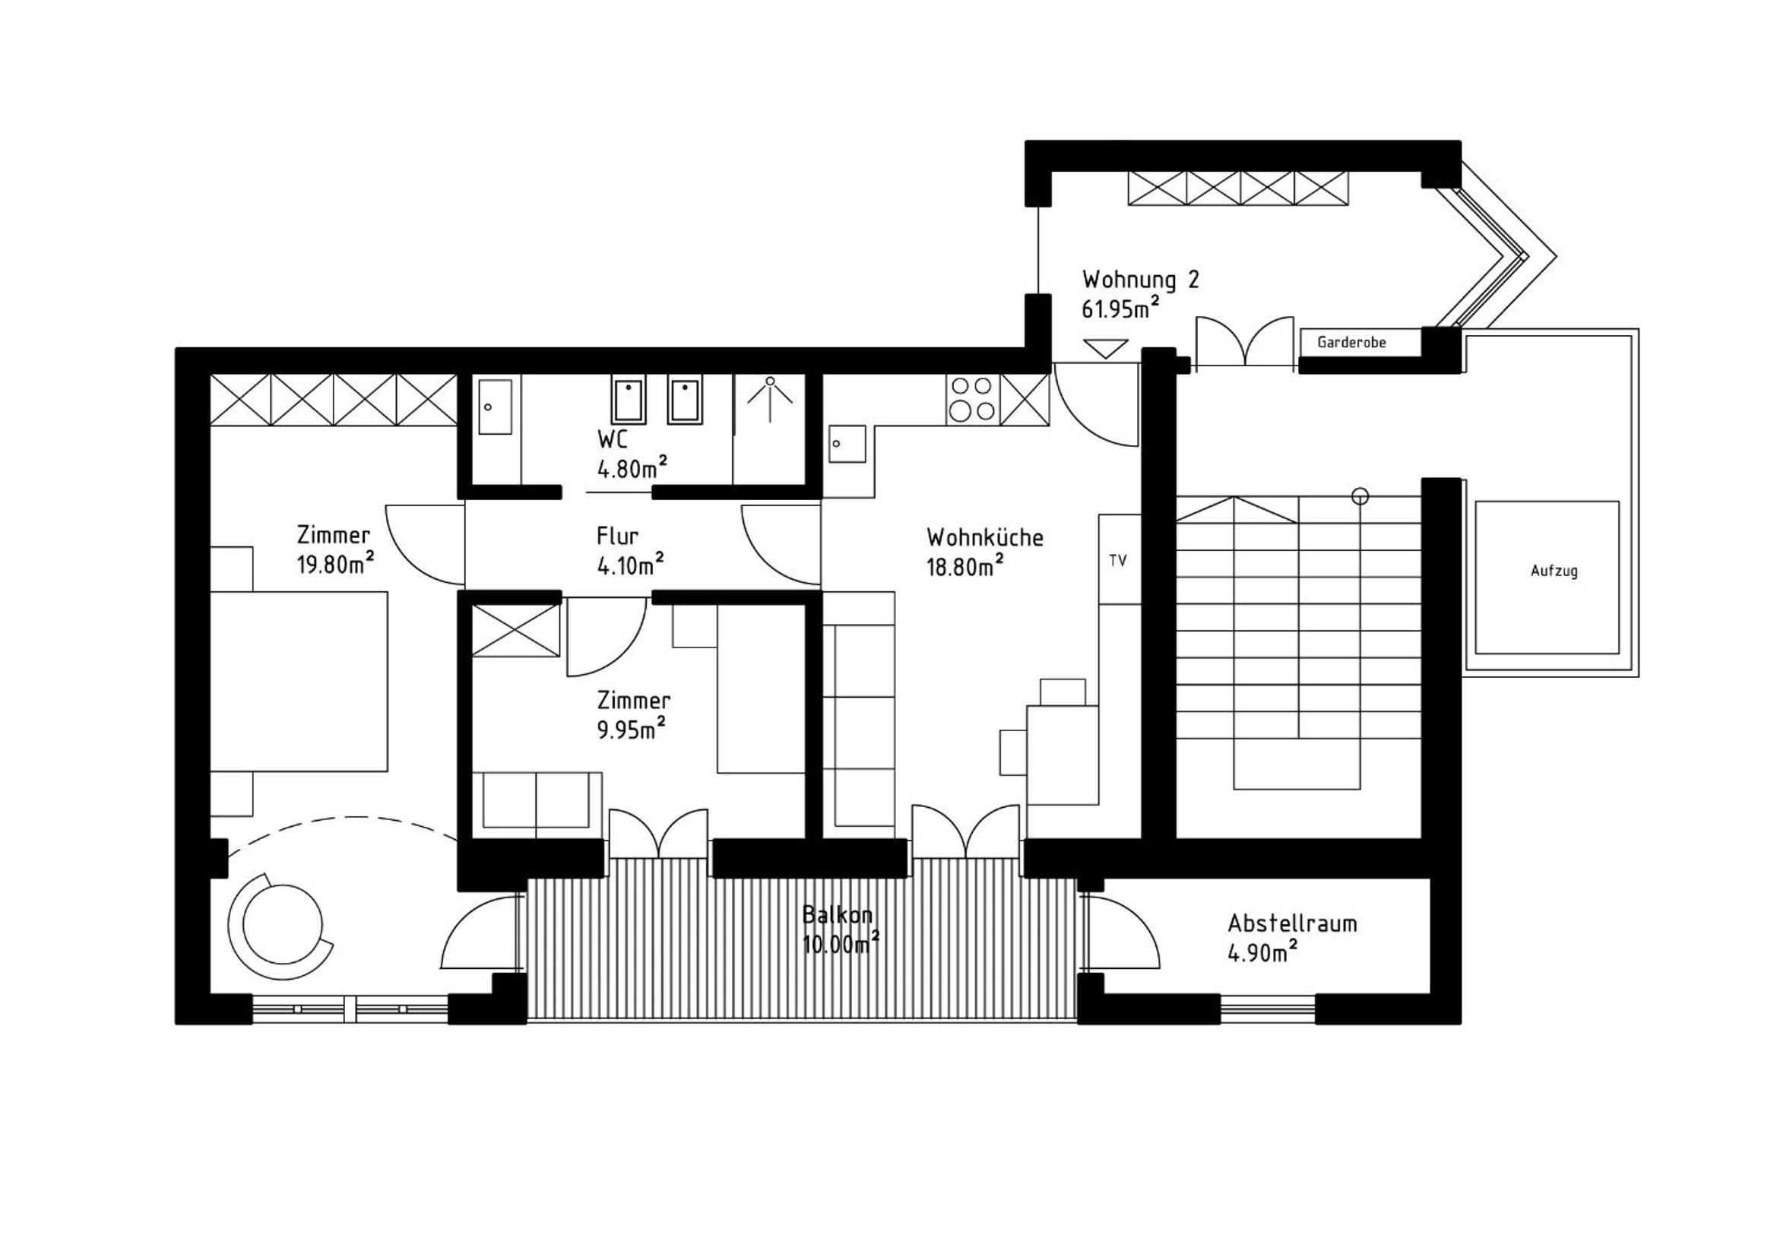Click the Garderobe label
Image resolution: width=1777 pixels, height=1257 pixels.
tap(1351, 342)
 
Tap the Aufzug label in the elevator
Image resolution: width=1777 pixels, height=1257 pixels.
tap(1554, 572)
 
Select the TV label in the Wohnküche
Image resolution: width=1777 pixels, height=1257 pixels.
tap(1117, 560)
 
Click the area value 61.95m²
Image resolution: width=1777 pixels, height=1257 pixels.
tap(1119, 308)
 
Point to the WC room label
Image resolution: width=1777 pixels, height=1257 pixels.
tap(612, 439)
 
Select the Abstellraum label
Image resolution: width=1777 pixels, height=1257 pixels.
tap(1292, 923)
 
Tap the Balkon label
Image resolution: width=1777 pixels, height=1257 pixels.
tap(838, 915)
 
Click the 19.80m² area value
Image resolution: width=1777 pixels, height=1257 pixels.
tap(335, 563)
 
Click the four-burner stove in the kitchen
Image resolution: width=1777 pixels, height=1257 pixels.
tap(973, 400)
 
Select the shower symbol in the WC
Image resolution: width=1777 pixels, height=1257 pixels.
tap(769, 400)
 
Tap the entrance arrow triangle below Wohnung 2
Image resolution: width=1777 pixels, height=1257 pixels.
tap(1105, 348)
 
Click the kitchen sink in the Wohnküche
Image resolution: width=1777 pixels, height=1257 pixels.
tap(847, 444)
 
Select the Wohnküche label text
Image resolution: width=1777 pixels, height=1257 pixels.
tap(984, 537)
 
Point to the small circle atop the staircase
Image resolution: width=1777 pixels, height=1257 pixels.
tap(1360, 496)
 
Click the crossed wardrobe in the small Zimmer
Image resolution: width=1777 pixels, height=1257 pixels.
tap(515, 631)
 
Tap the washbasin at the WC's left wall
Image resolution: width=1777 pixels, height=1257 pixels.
tap(495, 407)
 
